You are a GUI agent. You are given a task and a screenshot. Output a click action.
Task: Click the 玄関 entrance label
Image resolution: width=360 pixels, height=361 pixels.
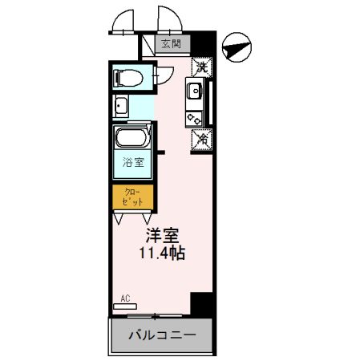pos(170,44)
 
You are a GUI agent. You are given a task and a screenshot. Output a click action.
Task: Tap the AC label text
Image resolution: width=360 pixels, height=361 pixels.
pos(124,298)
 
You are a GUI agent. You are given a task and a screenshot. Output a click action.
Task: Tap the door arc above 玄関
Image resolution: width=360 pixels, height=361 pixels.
pos(168,22)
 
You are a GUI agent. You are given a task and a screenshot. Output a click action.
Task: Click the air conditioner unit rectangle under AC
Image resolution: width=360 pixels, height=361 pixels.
pos(125,306)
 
